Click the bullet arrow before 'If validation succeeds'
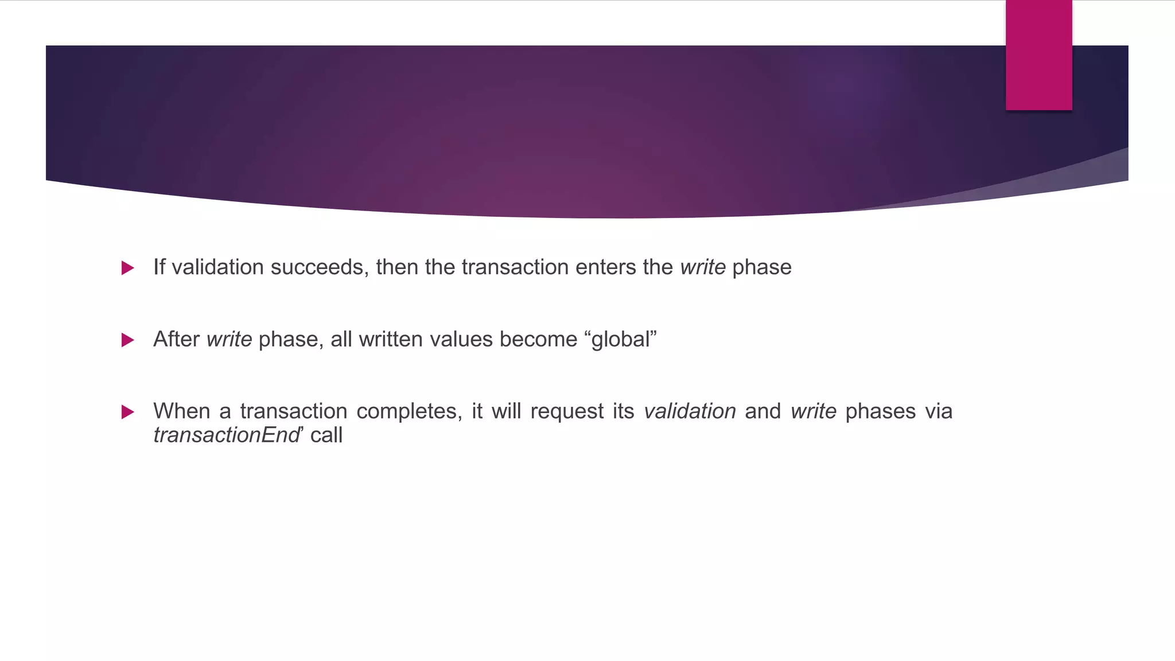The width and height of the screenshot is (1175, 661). tap(128, 268)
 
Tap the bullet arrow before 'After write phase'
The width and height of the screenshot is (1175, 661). tap(128, 340)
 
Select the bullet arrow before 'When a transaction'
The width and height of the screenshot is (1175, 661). tap(128, 412)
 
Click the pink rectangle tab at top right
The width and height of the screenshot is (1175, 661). tap(1038, 55)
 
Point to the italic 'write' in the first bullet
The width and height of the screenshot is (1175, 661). tap(703, 267)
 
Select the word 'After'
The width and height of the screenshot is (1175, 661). tap(176, 339)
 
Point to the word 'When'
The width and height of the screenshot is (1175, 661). tap(182, 411)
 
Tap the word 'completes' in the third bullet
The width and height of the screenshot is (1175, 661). tap(409, 411)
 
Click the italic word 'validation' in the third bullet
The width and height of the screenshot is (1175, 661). tap(690, 411)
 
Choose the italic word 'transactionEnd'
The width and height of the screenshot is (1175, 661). tap(227, 436)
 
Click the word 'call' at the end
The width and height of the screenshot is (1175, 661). tap(326, 436)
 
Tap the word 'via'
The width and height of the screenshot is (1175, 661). tap(939, 411)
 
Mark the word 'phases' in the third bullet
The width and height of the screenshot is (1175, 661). tap(880, 412)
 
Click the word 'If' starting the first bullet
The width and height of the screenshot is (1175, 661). tap(159, 267)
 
